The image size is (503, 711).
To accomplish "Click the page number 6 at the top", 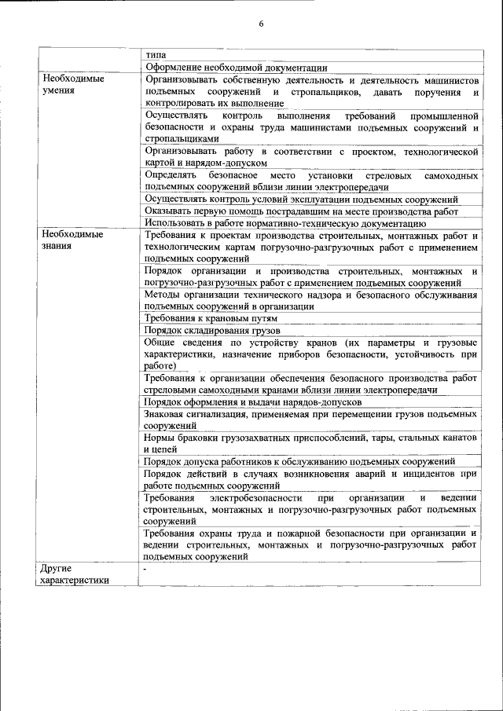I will pos(261,24).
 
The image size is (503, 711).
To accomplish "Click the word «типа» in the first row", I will pos(156,56).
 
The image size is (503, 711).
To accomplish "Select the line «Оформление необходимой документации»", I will pos(237,68).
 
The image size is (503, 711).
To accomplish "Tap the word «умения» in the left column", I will pos(59,91).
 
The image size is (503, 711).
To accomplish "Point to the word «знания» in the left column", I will pos(58,246).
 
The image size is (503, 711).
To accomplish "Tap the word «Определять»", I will pos(172,175).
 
